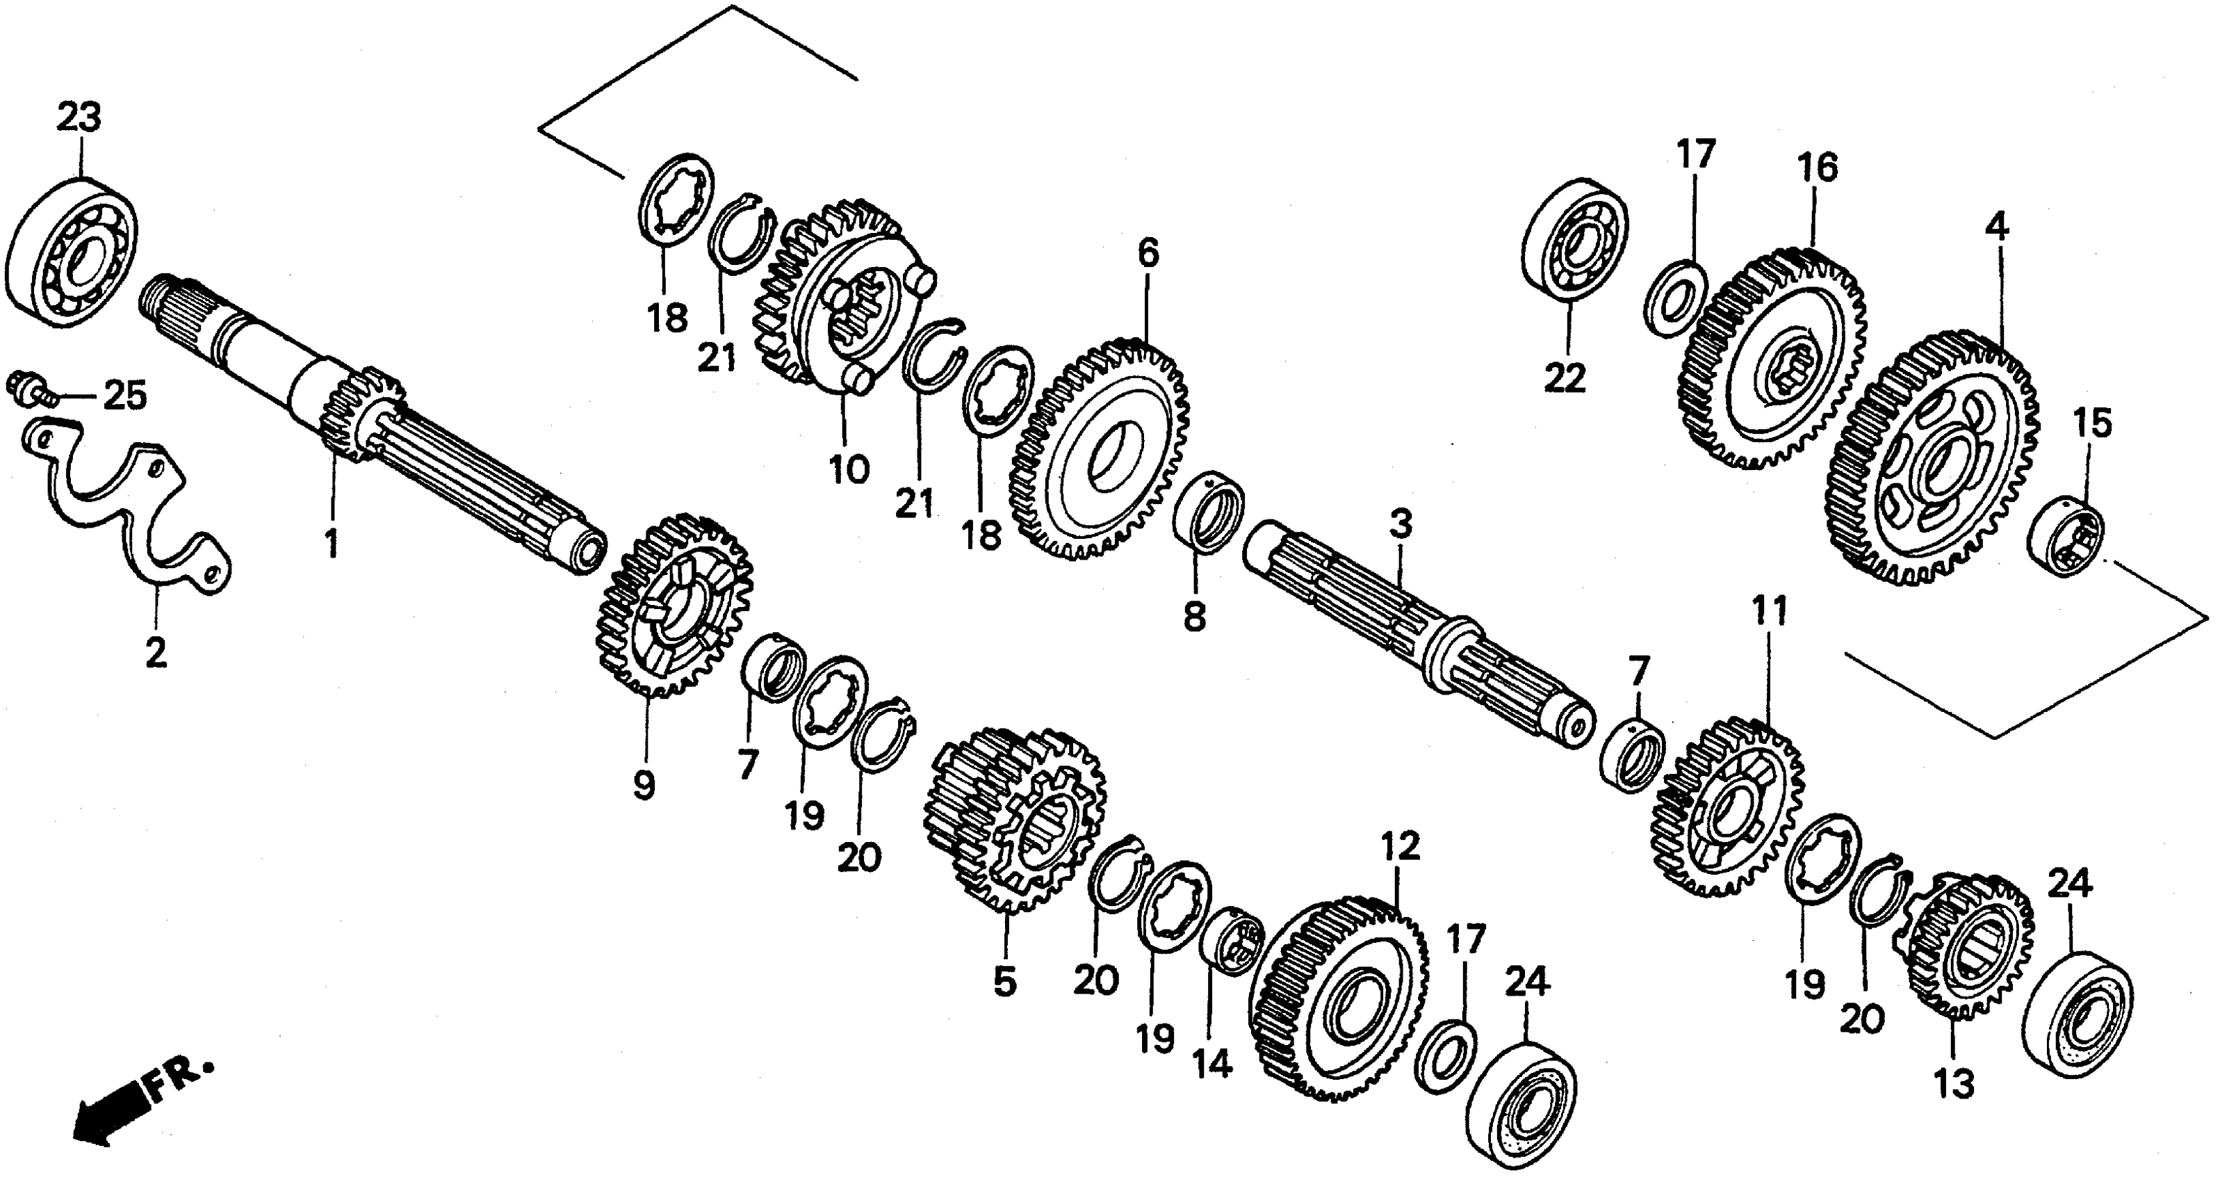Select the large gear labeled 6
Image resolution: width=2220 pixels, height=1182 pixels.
click(1099, 448)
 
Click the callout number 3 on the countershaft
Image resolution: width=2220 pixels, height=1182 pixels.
click(1401, 524)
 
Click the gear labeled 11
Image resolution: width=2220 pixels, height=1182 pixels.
click(1728, 806)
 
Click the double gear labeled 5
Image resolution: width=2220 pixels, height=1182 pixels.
click(1017, 819)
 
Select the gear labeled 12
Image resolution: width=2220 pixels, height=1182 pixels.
click(1340, 1000)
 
